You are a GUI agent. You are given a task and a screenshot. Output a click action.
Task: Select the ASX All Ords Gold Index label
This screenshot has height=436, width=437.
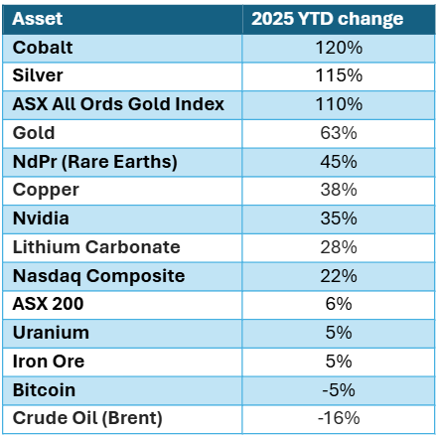coord(117,103)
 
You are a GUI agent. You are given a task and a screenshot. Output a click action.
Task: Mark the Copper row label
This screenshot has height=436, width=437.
coord(41,190)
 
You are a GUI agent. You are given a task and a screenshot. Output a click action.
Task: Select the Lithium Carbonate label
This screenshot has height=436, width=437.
coord(96,246)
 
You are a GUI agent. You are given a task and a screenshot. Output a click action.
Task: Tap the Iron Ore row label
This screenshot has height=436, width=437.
coord(47,362)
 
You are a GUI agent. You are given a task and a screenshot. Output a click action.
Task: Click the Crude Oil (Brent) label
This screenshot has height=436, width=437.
coord(90,418)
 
